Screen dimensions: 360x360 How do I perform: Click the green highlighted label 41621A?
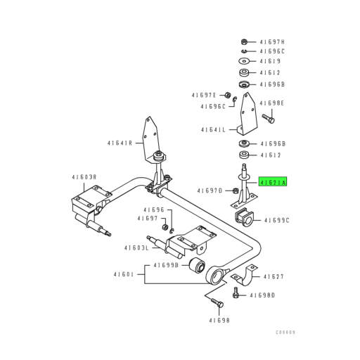pos(274,181)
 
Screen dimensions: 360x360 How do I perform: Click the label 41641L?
pos(214,130)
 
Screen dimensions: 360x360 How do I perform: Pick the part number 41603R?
pos(85,178)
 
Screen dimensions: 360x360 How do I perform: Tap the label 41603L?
pos(136,247)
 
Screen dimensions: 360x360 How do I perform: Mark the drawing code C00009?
pos(285,331)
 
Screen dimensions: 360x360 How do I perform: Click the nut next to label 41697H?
pos(243,41)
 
